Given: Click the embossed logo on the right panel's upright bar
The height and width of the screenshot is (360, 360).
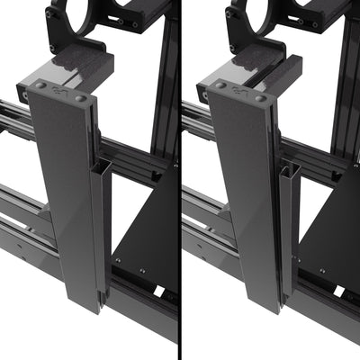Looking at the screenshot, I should (238, 94).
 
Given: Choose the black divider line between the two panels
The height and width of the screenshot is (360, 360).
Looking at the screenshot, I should (180, 180).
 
